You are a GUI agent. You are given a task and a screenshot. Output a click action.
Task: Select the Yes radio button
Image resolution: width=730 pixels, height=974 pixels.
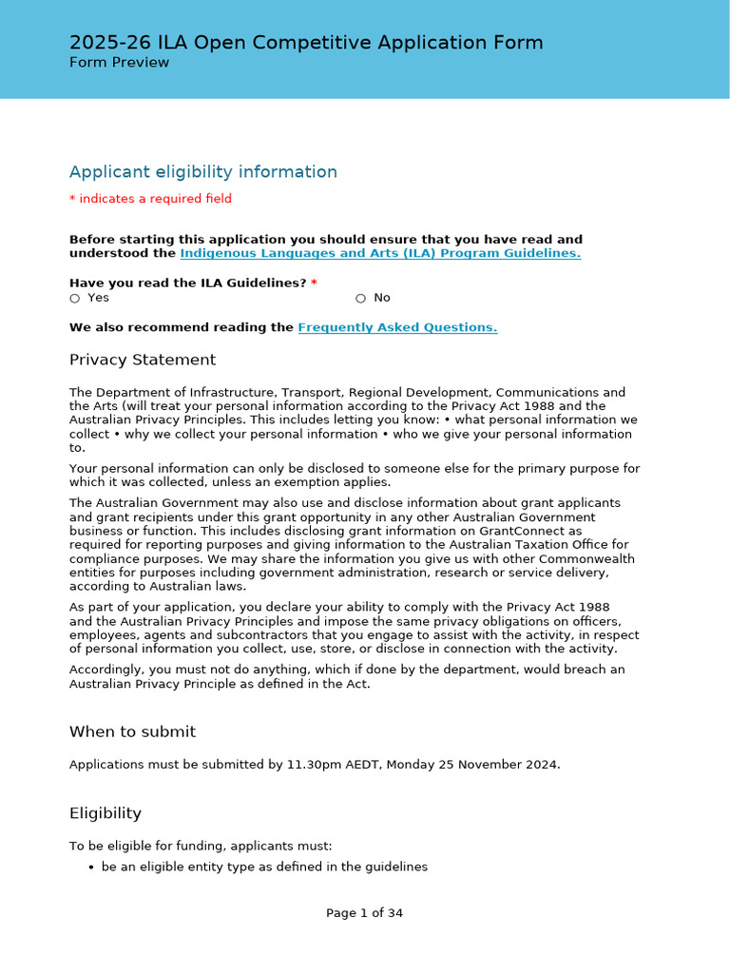pyautogui.click(x=75, y=298)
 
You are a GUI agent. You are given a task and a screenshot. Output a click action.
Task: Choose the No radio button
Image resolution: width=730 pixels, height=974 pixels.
pyautogui.click(x=361, y=298)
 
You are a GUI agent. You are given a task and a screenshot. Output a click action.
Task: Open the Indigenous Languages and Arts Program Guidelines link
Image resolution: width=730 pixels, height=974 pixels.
pyautogui.click(x=379, y=254)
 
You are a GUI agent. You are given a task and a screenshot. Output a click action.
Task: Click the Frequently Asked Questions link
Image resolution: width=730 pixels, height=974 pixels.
pyautogui.click(x=397, y=328)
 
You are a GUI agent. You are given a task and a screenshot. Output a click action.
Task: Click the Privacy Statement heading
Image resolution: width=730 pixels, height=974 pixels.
pyautogui.click(x=143, y=360)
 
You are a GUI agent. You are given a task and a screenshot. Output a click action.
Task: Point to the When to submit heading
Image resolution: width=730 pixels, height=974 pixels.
pyautogui.click(x=132, y=731)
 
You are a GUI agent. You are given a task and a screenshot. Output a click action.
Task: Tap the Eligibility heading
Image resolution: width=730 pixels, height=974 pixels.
pyautogui.click(x=106, y=813)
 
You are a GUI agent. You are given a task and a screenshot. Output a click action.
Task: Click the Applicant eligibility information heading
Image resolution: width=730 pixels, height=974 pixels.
pyautogui.click(x=203, y=172)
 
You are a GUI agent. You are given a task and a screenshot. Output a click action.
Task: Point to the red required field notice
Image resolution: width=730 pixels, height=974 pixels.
pyautogui.click(x=150, y=199)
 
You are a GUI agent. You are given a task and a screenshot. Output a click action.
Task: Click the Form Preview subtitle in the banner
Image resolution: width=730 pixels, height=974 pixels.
pyautogui.click(x=119, y=63)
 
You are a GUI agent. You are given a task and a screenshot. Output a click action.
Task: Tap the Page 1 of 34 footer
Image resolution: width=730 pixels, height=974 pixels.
pyautogui.click(x=364, y=913)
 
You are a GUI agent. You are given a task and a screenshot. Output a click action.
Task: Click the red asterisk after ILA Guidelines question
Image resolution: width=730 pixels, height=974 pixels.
pyautogui.click(x=314, y=283)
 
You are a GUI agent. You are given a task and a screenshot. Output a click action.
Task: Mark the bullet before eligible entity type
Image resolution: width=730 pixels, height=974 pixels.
pyautogui.click(x=90, y=867)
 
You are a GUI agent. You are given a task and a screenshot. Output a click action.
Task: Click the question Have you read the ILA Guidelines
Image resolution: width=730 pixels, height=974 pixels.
pyautogui.click(x=188, y=283)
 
